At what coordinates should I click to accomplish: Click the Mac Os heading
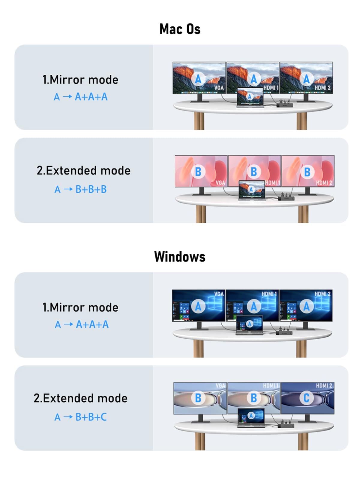point(180,29)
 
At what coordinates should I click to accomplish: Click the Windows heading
point(180,257)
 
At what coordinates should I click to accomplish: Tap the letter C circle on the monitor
point(306,398)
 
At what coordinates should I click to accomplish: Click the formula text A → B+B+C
point(80,417)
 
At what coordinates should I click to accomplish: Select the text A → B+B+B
point(80,189)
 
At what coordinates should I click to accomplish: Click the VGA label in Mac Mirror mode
point(219,88)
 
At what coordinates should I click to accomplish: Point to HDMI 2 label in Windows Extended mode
point(324,385)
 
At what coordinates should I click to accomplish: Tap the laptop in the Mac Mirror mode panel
point(250,97)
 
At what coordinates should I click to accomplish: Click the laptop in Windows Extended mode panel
point(251,418)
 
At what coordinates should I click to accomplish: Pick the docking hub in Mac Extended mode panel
point(286,198)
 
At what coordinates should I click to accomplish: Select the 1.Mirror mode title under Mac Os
point(80,80)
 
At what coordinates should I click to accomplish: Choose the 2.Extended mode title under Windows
point(80,398)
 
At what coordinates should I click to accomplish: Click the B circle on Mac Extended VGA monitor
point(198,172)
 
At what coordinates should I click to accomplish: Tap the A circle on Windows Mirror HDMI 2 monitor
point(306,306)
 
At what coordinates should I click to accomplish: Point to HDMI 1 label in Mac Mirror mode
point(271,88)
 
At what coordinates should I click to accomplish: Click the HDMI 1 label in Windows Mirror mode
point(269,294)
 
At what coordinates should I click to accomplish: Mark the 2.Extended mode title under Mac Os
point(83,170)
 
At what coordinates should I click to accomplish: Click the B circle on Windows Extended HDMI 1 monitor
point(253,398)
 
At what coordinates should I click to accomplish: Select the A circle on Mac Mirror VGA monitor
point(198,79)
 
